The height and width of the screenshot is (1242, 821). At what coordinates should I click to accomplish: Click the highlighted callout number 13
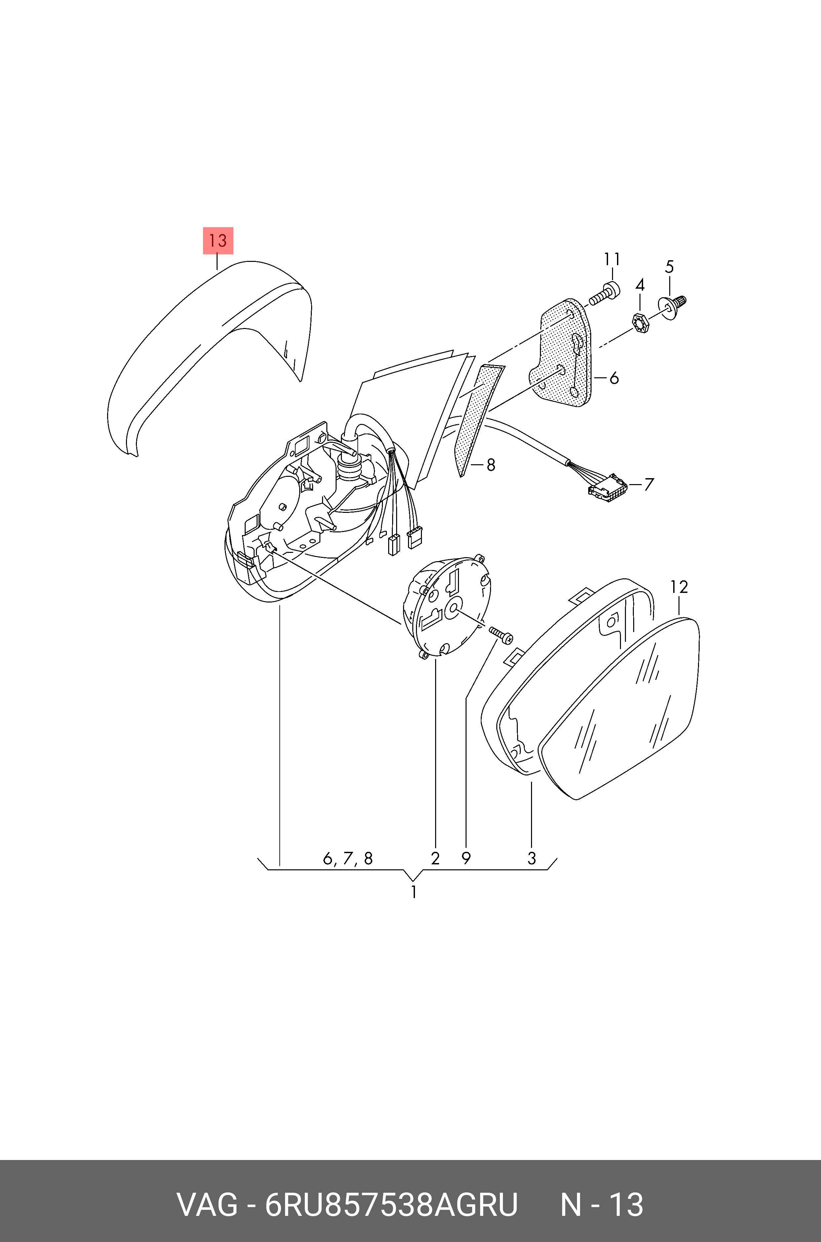218,240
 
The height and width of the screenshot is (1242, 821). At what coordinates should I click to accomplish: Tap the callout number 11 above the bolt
612,259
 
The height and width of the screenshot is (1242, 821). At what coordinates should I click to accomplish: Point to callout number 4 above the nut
640,285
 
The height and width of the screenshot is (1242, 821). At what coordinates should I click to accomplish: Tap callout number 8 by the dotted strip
491,465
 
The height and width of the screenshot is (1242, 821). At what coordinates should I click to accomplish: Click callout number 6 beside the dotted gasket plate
614,378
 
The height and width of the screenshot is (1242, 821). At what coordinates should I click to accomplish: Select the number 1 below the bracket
414,892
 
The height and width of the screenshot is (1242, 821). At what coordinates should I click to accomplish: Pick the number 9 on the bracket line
466,858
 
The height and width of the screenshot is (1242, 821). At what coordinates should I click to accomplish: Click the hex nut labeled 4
640,321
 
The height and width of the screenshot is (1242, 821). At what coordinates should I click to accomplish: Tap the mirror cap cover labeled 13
209,356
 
